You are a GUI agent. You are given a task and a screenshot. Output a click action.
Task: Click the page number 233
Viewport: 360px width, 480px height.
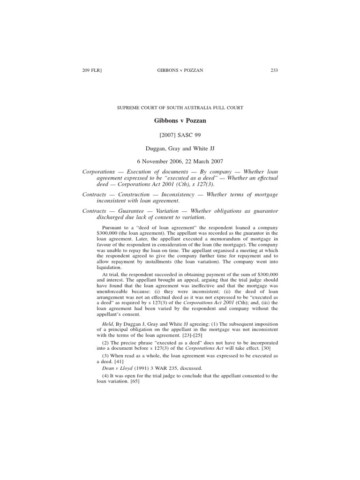click(x=274, y=71)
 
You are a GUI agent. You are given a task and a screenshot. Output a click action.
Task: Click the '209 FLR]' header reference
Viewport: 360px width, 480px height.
click(x=92, y=71)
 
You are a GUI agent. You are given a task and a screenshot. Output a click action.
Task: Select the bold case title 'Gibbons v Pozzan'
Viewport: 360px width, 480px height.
click(x=180, y=120)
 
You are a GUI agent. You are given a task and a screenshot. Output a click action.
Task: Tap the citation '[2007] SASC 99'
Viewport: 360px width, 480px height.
click(x=180, y=135)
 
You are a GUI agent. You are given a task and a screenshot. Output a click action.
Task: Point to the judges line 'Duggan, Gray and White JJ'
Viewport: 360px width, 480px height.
click(x=180, y=148)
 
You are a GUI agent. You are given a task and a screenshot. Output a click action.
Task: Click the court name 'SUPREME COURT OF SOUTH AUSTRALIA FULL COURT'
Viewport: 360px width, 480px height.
click(x=180, y=108)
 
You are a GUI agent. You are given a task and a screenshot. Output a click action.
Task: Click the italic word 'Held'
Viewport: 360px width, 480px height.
click(x=107, y=324)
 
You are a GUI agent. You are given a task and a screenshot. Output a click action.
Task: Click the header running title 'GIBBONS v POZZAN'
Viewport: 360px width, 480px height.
click(x=180, y=71)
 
